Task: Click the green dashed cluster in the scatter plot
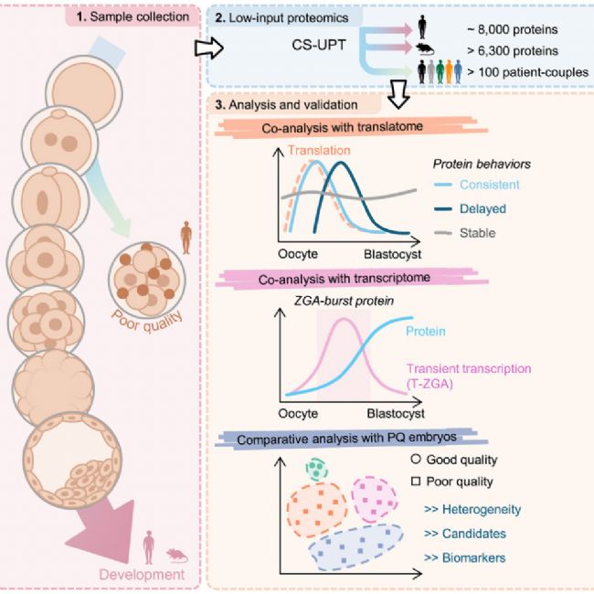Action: point(316,471)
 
